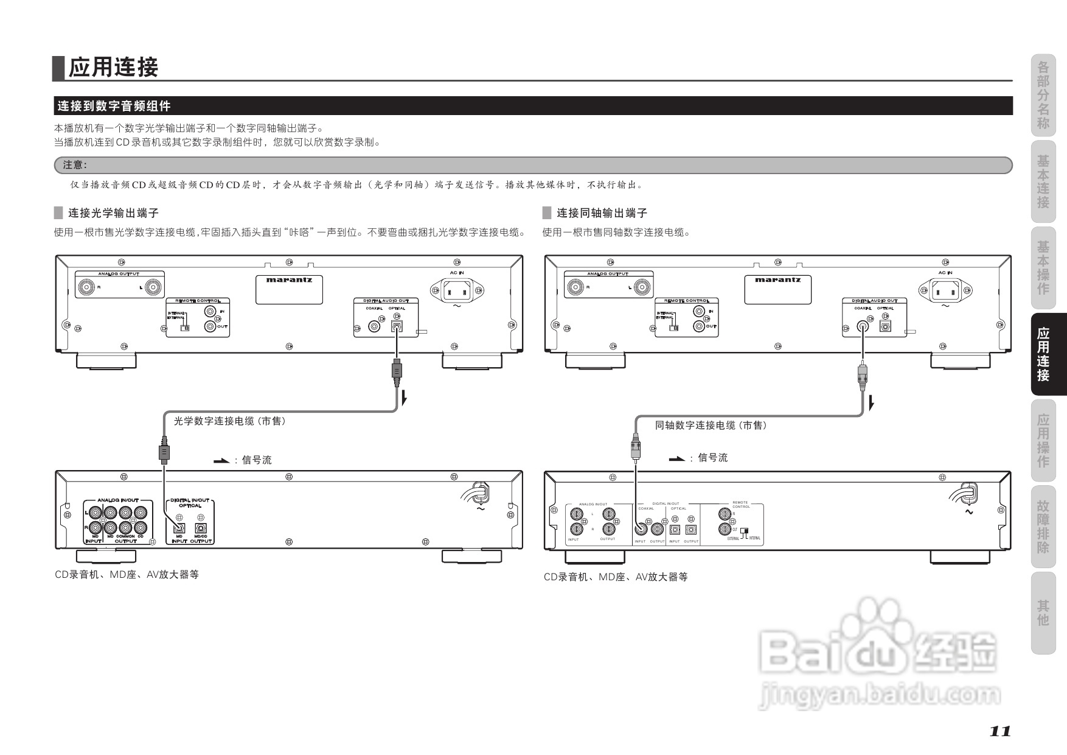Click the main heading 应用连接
pos(113,68)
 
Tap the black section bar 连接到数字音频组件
pos(114,106)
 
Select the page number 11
pos(999,731)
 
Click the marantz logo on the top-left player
pos(289,280)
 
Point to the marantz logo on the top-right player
pos(778,280)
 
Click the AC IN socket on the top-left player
pos(454,290)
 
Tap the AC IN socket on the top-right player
pos(944,290)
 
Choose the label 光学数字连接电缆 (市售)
pos(229,421)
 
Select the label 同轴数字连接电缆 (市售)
pos(711,425)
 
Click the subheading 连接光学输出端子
pos(113,213)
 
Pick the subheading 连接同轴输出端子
pos(602,213)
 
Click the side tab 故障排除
pos(1043,526)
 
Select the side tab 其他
pos(1043,613)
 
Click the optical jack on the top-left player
pos(397,326)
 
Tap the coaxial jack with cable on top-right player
pos(862,326)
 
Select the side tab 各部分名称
pos(1043,97)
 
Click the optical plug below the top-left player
pos(397,371)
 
